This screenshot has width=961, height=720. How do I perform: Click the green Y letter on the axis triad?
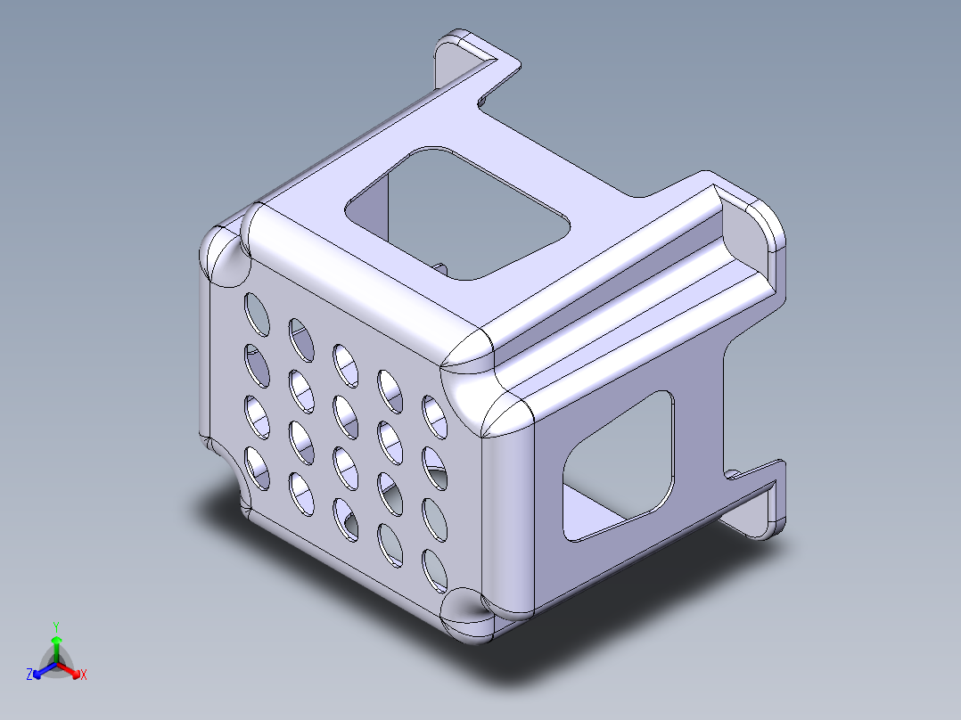[56, 626]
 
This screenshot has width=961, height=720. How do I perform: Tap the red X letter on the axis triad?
[84, 675]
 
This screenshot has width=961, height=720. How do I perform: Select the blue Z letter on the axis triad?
[29, 675]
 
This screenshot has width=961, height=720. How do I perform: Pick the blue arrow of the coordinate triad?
[45, 670]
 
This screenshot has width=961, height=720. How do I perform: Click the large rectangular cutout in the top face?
[457, 213]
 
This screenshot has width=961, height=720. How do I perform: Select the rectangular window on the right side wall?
[619, 466]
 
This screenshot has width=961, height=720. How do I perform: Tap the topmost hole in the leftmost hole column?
[257, 314]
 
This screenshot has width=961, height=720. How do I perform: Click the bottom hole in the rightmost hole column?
[434, 571]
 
